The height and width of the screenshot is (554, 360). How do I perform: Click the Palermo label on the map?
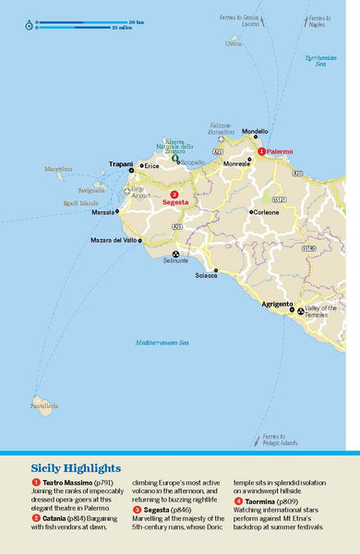[282, 151]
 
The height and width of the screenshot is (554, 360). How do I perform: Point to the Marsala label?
[102, 211]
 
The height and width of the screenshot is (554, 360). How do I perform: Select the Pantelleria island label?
[43, 431]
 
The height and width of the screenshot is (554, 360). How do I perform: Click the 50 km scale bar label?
[136, 20]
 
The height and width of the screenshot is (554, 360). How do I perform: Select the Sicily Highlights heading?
[78, 467]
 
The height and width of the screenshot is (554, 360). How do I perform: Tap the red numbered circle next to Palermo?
[261, 151]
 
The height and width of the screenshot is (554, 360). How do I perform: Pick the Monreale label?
[236, 163]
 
